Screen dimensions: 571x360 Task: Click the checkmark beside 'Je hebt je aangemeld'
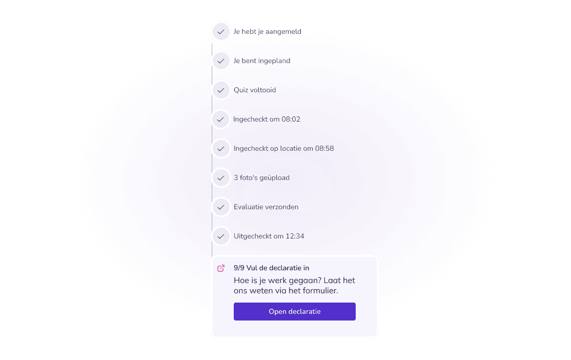point(221,32)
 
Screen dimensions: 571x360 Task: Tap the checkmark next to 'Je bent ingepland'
point(221,61)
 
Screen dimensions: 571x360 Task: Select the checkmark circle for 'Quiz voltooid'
point(221,90)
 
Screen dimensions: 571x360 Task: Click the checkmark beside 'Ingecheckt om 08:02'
point(221,119)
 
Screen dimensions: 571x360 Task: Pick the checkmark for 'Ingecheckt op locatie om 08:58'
point(221,149)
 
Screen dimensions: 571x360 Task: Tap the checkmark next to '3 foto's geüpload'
point(221,178)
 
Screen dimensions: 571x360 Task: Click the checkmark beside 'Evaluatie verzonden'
point(221,207)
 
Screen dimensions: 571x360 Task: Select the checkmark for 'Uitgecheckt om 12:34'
point(221,236)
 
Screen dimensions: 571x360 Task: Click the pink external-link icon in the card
point(221,268)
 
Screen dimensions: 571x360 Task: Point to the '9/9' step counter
point(239,268)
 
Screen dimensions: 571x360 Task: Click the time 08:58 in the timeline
point(324,149)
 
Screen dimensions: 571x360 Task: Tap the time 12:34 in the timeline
point(295,236)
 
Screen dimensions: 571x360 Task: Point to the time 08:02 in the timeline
point(291,119)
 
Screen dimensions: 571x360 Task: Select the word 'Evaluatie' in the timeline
point(249,207)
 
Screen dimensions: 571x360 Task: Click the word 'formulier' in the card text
point(321,291)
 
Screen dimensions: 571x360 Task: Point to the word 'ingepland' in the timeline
point(274,61)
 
